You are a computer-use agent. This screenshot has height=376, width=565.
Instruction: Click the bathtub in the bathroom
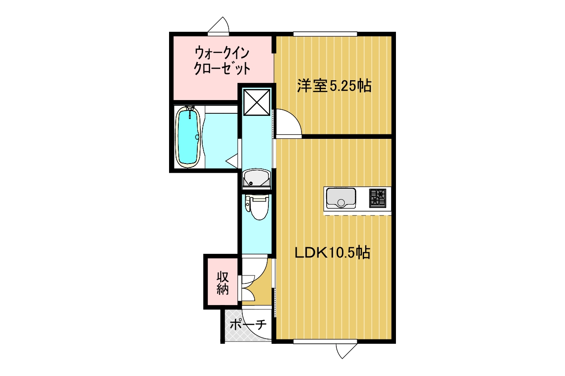188,137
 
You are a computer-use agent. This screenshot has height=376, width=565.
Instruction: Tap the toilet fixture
257,208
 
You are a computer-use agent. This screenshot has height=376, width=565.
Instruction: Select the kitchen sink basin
341,198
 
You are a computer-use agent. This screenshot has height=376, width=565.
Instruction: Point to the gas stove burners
377,198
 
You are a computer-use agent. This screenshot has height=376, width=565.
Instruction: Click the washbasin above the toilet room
256,179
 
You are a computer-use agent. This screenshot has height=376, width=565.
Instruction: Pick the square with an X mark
257,102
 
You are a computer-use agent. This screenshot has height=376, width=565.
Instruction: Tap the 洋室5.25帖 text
334,86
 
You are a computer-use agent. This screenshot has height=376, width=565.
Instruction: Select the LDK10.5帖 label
332,253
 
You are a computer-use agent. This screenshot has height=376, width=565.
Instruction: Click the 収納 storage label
223,283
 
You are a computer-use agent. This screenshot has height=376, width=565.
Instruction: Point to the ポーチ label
248,324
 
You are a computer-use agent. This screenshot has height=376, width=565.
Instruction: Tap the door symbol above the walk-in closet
218,25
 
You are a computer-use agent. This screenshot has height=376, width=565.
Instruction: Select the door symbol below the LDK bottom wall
347,351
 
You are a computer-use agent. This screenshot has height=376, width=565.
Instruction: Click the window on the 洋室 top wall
325,34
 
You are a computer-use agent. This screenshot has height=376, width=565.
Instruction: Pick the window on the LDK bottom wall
325,341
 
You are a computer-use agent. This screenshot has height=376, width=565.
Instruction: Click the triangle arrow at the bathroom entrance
232,161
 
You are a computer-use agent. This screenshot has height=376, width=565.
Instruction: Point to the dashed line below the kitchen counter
358,215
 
